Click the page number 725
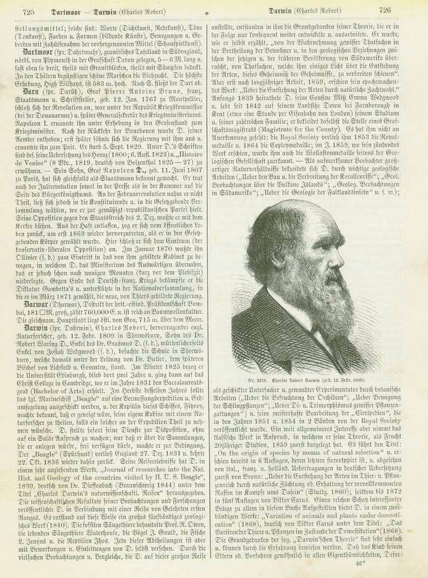click(x=28, y=11)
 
